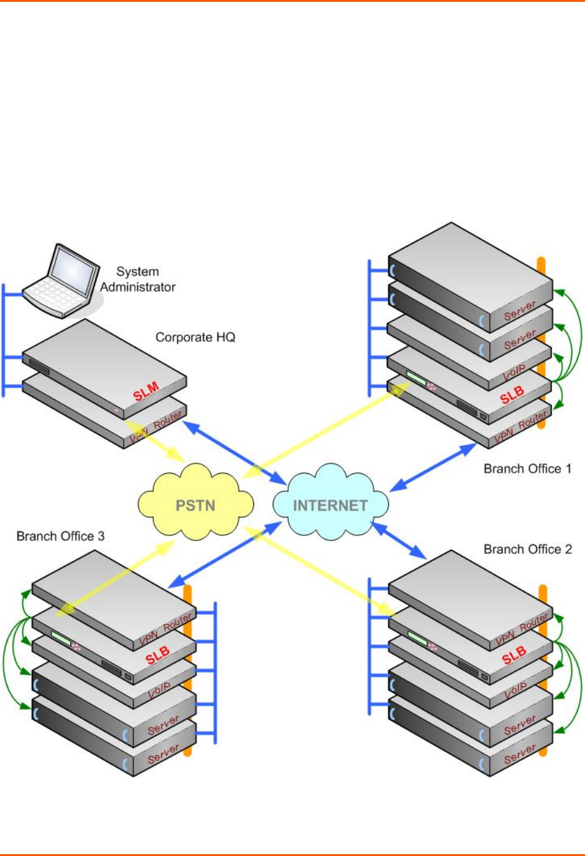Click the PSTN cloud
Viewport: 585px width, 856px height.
tap(196, 505)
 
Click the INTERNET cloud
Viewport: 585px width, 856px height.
tap(330, 505)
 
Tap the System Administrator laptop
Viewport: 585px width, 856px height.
tap(61, 281)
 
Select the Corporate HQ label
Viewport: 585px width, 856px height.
tap(195, 337)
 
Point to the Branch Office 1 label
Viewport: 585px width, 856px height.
tap(527, 468)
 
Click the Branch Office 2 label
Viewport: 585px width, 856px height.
tap(527, 549)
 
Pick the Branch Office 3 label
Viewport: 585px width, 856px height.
tap(60, 536)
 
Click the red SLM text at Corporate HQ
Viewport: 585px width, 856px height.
tap(147, 391)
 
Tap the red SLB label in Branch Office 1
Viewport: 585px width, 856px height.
tap(512, 395)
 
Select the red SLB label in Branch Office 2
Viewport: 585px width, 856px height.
tap(514, 655)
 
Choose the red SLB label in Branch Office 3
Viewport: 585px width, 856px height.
tap(158, 655)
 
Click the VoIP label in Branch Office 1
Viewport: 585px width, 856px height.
tap(514, 371)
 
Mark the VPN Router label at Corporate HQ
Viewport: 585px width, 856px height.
tap(156, 427)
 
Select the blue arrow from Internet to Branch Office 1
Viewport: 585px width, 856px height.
tap(432, 467)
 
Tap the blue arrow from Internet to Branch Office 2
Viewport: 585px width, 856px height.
tap(399, 540)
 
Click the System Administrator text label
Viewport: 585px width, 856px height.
tap(138, 280)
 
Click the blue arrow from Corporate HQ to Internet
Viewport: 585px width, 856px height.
tap(235, 452)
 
